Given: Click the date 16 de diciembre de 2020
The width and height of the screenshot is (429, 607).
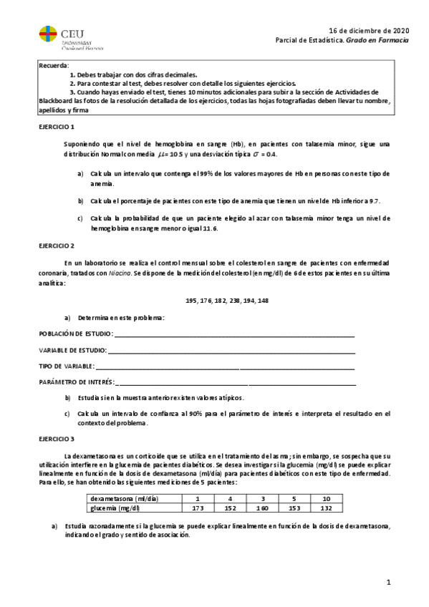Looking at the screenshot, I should click(369, 31).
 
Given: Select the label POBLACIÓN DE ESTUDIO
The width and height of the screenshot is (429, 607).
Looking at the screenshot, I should click(75, 334).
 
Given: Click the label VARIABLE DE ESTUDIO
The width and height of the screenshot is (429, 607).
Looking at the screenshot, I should click(72, 350).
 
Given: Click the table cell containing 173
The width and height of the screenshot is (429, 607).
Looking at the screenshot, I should click(198, 508).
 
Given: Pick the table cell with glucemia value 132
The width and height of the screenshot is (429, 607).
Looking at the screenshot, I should click(326, 508).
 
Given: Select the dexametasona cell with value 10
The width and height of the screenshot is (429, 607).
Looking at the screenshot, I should click(326, 499).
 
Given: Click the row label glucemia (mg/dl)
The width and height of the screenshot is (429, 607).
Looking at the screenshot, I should click(113, 508).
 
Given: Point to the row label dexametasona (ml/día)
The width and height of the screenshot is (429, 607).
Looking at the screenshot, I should click(119, 499).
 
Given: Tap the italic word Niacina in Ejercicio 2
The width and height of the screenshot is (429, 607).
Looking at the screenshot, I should click(119, 273).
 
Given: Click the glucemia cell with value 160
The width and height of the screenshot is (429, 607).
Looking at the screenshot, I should click(263, 508).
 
